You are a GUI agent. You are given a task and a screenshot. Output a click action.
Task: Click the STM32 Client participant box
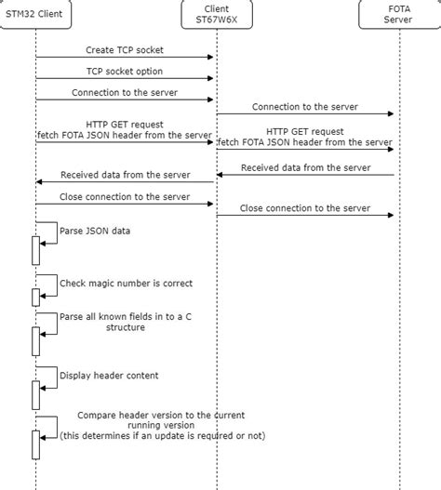pyautogui.click(x=35, y=15)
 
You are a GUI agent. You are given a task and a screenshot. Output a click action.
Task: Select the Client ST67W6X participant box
pyautogui.click(x=217, y=15)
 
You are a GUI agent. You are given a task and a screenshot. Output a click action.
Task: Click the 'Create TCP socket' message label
pyautogui.click(x=125, y=49)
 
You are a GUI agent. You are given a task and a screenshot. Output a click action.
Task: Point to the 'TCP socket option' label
pyautogui.click(x=125, y=72)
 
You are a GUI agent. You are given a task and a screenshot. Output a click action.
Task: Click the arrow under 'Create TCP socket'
pyautogui.click(x=125, y=58)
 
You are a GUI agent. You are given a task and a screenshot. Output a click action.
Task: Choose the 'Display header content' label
pyautogui.click(x=109, y=376)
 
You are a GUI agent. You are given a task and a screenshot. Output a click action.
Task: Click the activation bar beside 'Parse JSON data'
pyautogui.click(x=36, y=251)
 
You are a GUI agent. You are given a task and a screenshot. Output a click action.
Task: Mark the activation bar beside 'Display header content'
pyautogui.click(x=36, y=395)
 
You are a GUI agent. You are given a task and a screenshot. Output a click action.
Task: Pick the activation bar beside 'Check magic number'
pyautogui.click(x=36, y=297)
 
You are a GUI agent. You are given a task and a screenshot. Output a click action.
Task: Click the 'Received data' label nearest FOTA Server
pyautogui.click(x=304, y=167)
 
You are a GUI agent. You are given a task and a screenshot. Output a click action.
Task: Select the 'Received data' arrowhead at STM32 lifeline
pyautogui.click(x=40, y=182)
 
